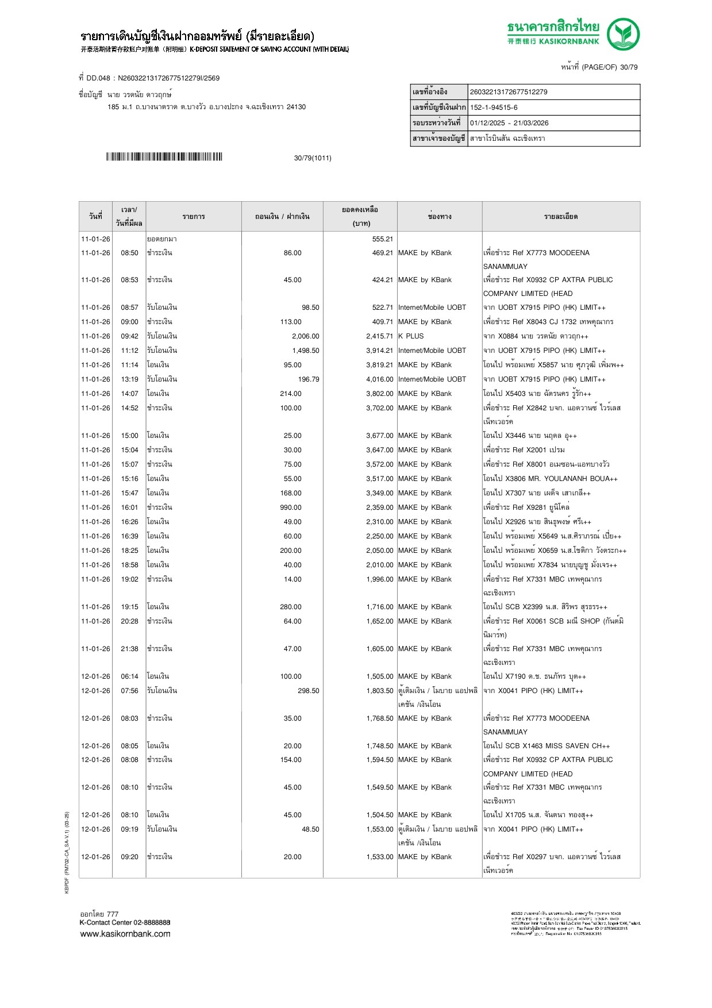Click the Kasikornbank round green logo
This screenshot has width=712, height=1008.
coord(623,34)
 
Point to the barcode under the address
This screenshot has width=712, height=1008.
coord(164,157)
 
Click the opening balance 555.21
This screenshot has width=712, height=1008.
coord(382,239)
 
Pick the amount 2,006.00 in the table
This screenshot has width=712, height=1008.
coord(305,336)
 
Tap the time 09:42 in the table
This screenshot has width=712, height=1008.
coord(129,336)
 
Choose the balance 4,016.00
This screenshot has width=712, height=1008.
coord(379,379)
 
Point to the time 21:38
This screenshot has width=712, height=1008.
coord(129,649)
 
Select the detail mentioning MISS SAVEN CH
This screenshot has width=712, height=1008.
coord(546,746)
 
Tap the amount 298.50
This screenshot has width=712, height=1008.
coord(308,691)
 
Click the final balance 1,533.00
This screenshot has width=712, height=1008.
coord(379,857)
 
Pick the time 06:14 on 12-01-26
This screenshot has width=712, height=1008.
coord(129,676)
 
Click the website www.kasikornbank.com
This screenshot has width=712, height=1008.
coord(125,934)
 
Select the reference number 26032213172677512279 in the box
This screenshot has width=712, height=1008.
coord(509,92)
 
